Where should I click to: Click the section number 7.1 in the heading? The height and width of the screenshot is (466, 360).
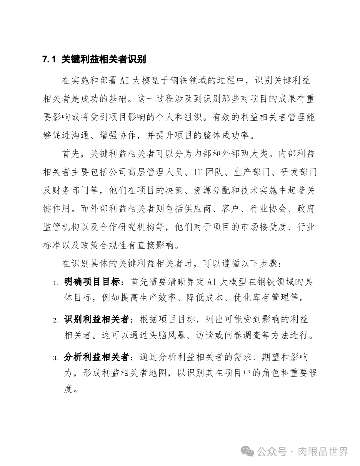tap(49, 60)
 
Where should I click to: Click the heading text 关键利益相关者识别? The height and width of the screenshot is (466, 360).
tap(104, 60)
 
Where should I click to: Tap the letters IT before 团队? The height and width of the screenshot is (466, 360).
tap(198, 172)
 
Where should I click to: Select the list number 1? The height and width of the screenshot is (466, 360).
tap(55, 283)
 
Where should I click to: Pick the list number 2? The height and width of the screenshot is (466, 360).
tap(55, 321)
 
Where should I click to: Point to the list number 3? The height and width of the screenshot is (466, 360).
tap(55, 358)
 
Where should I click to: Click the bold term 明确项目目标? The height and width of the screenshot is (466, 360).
tap(92, 282)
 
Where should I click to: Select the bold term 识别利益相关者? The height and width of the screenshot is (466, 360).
tap(96, 320)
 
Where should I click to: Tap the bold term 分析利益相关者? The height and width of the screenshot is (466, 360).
tap(96, 358)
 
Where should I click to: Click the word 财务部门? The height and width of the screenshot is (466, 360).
tap(71, 191)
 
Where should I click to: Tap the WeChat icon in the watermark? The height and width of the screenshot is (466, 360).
tap(249, 452)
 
